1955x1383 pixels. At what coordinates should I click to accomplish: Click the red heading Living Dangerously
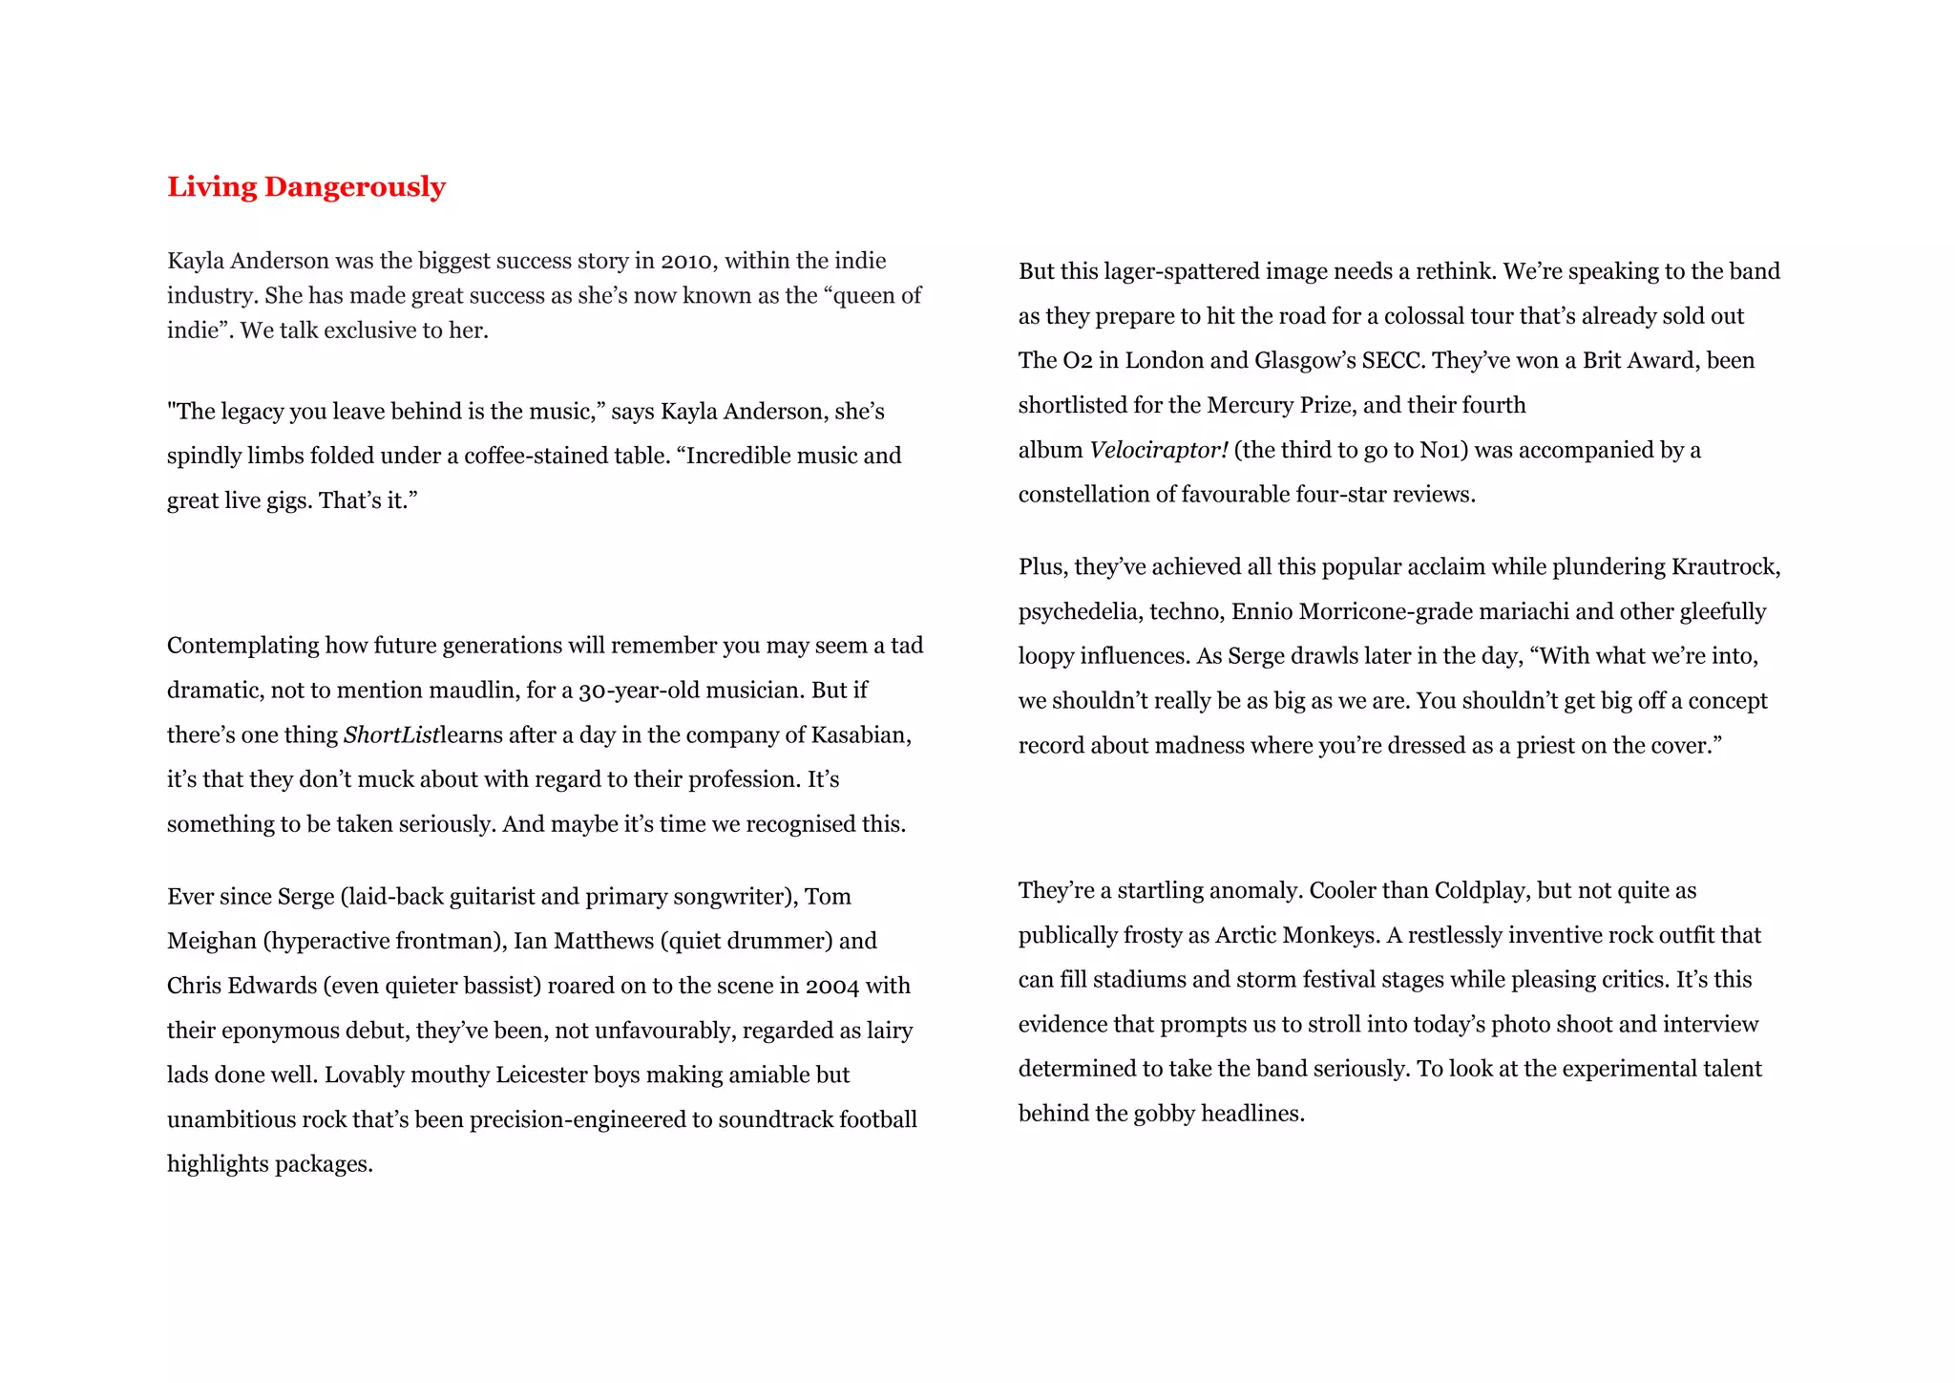pos(306,186)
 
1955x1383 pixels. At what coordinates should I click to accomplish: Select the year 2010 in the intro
pos(686,262)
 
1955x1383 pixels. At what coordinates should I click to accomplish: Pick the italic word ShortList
pos(391,735)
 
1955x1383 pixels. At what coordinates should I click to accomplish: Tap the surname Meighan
pos(212,942)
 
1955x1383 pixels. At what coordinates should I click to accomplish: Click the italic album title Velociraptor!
pos(1159,450)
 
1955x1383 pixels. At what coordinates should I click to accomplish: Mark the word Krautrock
pos(1726,567)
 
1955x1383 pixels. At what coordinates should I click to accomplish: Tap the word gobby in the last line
pos(1164,1115)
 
